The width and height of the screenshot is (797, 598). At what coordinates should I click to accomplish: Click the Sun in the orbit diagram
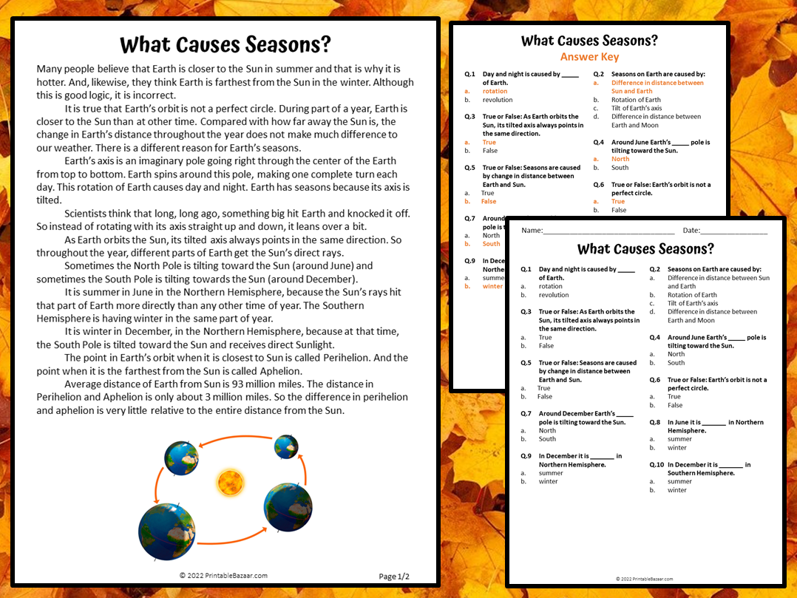pyautogui.click(x=230, y=483)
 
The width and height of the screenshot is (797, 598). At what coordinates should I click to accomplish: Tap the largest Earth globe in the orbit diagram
pyautogui.click(x=166, y=531)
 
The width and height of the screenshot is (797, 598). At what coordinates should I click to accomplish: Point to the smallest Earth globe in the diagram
pyautogui.click(x=286, y=446)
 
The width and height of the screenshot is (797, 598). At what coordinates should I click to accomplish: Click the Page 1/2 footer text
pyautogui.click(x=394, y=577)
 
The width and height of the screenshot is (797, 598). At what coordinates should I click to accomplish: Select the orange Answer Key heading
pyautogui.click(x=589, y=57)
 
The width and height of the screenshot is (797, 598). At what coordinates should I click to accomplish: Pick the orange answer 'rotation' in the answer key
pyautogui.click(x=495, y=92)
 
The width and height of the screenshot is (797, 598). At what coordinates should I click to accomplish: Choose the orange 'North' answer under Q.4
pyautogui.click(x=620, y=159)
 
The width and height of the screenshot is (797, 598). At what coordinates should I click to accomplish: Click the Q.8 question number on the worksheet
pyautogui.click(x=654, y=422)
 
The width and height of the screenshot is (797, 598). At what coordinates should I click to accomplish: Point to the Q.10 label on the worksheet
pyautogui.click(x=656, y=465)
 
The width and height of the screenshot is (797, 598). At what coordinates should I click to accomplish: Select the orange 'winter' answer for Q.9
pyautogui.click(x=492, y=286)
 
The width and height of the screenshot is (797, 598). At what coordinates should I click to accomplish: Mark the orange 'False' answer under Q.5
pyautogui.click(x=489, y=201)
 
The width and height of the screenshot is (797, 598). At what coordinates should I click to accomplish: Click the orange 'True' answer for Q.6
pyautogui.click(x=618, y=201)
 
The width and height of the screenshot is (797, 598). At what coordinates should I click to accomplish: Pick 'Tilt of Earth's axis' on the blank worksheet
pyautogui.click(x=693, y=303)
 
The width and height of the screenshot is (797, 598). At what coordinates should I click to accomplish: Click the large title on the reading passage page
pyautogui.click(x=225, y=45)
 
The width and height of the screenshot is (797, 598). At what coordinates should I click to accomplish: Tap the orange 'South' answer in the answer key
pyautogui.click(x=491, y=244)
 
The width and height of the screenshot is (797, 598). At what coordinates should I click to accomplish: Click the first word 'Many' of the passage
pyautogui.click(x=50, y=69)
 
